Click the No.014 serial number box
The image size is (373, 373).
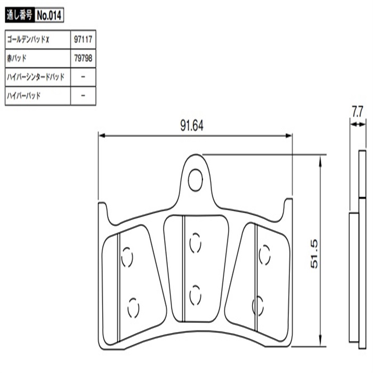[50, 16]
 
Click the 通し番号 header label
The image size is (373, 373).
[20, 16]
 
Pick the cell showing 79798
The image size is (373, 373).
[83, 59]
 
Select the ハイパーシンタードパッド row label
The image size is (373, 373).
[35, 77]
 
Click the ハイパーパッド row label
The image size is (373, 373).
[23, 96]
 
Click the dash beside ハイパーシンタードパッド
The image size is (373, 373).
[83, 77]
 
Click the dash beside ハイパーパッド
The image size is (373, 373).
[83, 96]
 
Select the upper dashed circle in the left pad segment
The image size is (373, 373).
[127, 258]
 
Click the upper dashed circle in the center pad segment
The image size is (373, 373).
[196, 244]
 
